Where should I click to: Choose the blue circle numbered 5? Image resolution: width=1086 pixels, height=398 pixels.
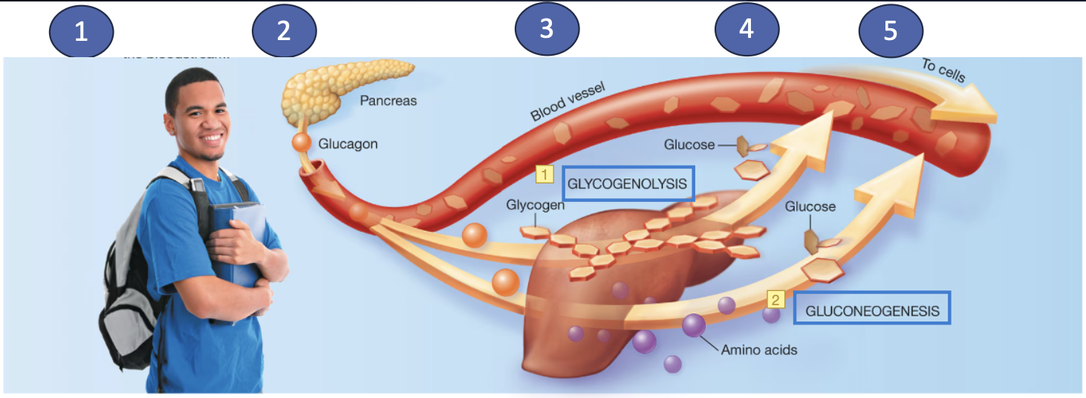click(x=891, y=32)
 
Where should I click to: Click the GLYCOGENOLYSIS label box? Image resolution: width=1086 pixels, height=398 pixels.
click(x=628, y=184)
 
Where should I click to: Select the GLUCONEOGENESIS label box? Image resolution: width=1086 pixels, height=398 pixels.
click(x=871, y=311)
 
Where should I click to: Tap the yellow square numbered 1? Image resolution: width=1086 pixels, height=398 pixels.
click(x=544, y=174)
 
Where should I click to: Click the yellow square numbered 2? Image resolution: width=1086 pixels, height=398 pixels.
click(x=776, y=300)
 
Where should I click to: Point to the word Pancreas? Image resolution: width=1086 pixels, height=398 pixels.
click(x=388, y=101)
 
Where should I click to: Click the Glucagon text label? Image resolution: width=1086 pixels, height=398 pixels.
click(x=348, y=143)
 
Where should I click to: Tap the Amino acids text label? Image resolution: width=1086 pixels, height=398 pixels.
click(x=759, y=349)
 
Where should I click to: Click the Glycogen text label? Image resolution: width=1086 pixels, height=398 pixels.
click(x=535, y=204)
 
